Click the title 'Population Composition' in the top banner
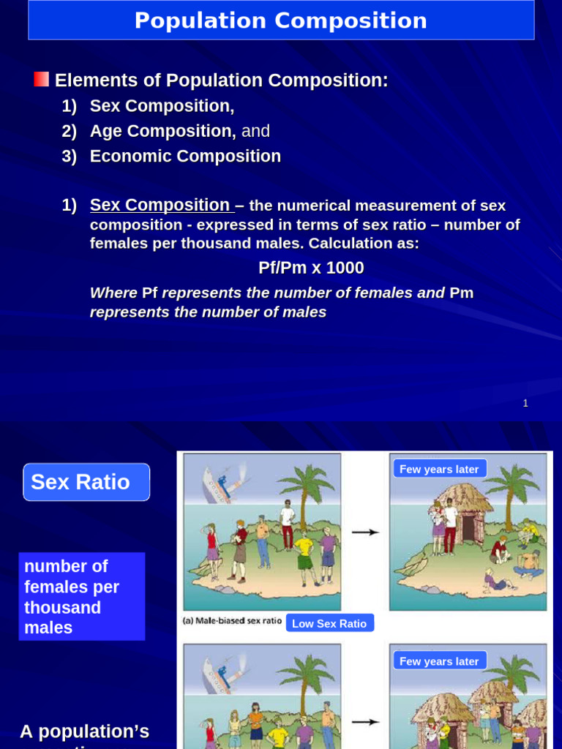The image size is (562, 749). pyautogui.click(x=280, y=20)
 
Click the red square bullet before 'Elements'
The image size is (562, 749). pyautogui.click(x=42, y=79)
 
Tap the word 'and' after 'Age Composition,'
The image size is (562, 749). pyautogui.click(x=255, y=131)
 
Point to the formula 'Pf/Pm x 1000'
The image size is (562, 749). pyautogui.click(x=311, y=268)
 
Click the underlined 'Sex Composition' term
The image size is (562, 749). pyautogui.click(x=160, y=206)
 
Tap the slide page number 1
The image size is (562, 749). pyautogui.click(x=525, y=403)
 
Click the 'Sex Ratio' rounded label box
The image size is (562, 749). pyautogui.click(x=86, y=482)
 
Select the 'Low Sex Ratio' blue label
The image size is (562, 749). pyautogui.click(x=329, y=623)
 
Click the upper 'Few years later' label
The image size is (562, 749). pyautogui.click(x=439, y=469)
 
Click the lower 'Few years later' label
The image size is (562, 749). pyautogui.click(x=439, y=661)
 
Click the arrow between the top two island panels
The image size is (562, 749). pyautogui.click(x=365, y=532)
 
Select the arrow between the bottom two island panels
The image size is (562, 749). pyautogui.click(x=365, y=722)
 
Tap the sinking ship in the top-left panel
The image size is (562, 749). pyautogui.click(x=219, y=475)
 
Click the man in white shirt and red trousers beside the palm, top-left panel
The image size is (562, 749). pyautogui.click(x=288, y=525)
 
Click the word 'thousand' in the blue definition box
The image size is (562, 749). pyautogui.click(x=62, y=607)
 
